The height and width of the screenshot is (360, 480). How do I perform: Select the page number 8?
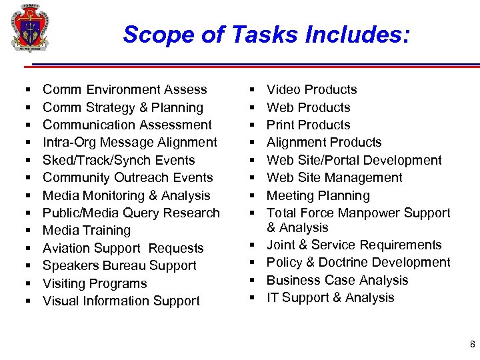[x=472, y=345]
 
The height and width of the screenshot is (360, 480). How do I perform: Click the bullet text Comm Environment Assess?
[x=125, y=89]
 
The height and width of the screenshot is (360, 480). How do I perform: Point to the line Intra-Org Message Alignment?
[x=129, y=142]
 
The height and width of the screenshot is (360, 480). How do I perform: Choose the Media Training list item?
[x=87, y=230]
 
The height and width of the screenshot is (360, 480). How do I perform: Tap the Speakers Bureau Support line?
[x=119, y=265]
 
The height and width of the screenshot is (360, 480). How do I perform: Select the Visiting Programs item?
[x=95, y=283]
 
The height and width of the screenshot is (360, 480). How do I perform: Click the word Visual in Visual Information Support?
[x=61, y=301]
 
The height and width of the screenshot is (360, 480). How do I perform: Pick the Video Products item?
[x=311, y=89]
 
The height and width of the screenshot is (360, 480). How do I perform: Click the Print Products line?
[x=308, y=125]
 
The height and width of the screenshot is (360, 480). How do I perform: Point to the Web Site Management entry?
[x=334, y=177]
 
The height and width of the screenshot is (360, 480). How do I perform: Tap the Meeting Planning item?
[x=318, y=195]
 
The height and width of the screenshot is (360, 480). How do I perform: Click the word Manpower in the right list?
[x=364, y=213]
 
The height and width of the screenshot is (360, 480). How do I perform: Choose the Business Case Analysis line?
[x=337, y=280]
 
